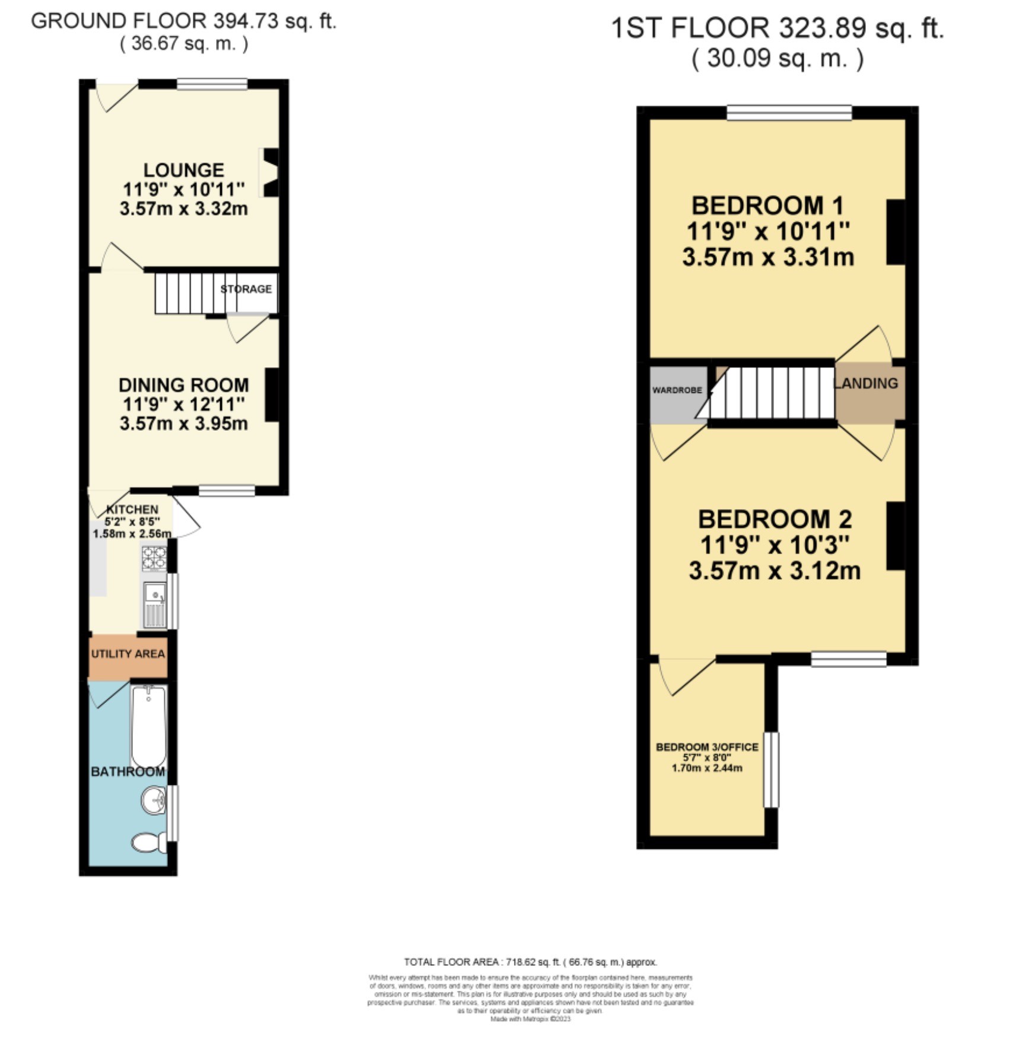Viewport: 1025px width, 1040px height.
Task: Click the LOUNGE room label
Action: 183,170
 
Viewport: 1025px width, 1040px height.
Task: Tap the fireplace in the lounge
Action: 270,173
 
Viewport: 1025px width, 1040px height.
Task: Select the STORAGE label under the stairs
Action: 246,289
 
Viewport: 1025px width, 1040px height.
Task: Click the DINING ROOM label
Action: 183,385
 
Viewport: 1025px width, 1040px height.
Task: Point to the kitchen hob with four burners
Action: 154,558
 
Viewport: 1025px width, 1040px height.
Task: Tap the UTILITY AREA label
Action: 128,654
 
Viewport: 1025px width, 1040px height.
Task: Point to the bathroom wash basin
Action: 154,801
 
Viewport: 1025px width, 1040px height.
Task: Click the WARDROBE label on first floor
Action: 677,390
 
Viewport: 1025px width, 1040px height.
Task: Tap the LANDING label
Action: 867,383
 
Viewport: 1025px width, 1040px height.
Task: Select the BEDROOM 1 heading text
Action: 767,206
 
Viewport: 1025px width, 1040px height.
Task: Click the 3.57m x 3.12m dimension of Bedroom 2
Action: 775,571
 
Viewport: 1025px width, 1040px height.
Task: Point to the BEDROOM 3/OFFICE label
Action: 707,747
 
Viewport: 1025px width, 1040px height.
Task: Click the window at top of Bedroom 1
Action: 789,113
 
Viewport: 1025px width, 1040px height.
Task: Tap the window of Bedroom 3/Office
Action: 770,769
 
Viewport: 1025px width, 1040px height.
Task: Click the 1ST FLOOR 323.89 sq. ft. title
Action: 777,28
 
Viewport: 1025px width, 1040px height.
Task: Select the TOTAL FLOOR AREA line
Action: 530,962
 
